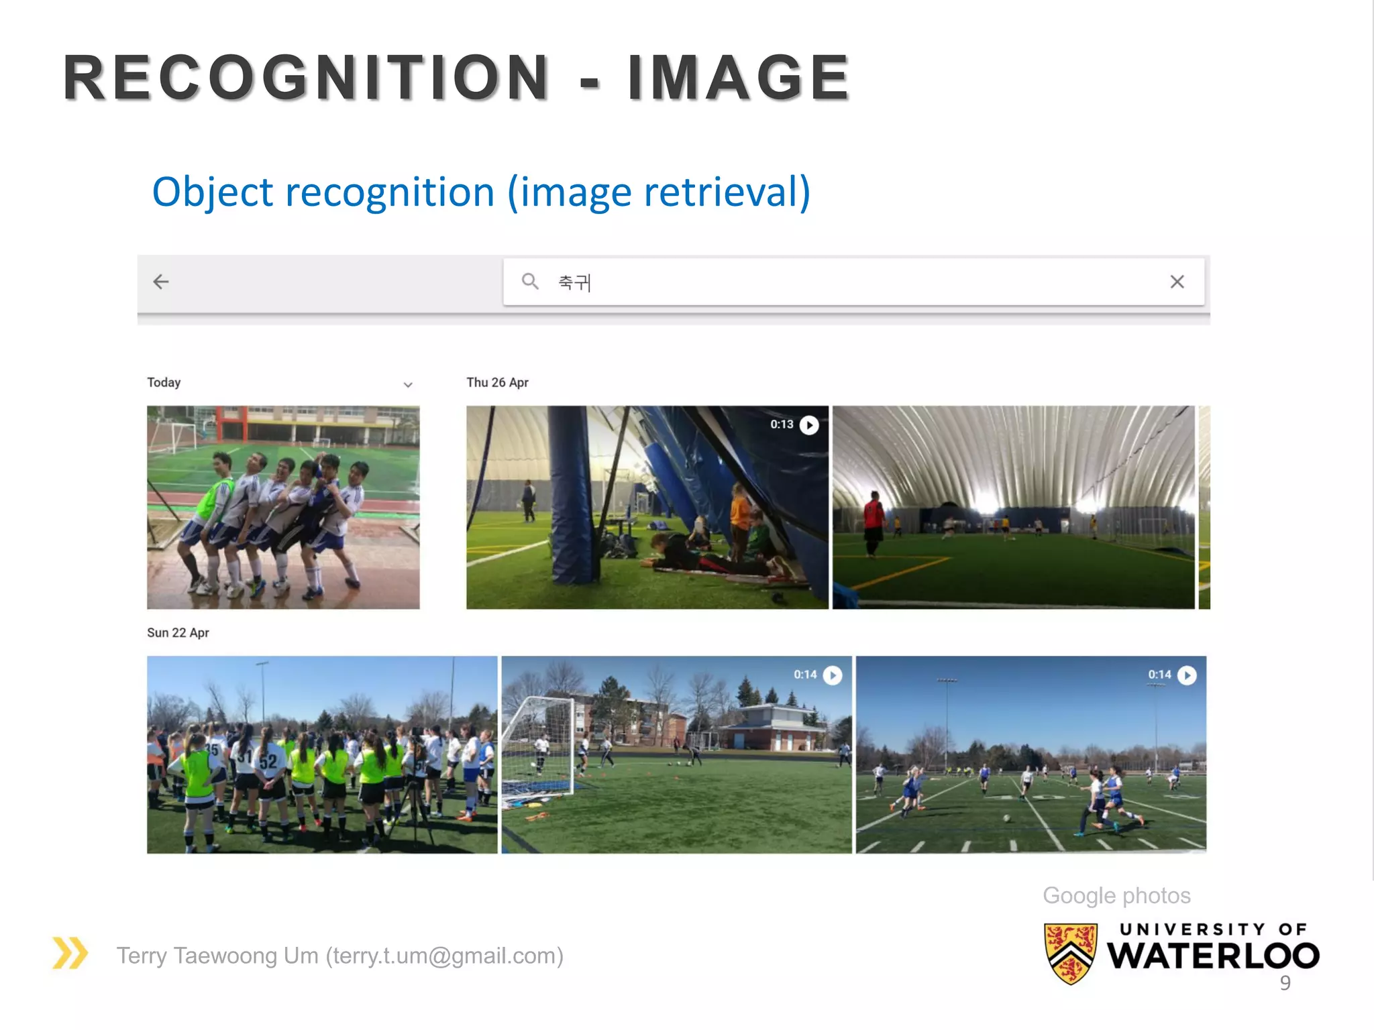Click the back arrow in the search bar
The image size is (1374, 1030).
coord(161,282)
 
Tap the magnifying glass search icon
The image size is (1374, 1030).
coord(530,282)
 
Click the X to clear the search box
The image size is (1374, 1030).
coord(1177,282)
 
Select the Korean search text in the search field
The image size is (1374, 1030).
coord(574,282)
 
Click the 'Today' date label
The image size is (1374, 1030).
coord(164,382)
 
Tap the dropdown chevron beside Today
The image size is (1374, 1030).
coord(408,385)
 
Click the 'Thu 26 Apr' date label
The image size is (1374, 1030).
coord(497,382)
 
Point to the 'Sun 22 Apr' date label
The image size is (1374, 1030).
coord(178,632)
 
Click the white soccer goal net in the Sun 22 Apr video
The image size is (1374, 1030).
coord(537,744)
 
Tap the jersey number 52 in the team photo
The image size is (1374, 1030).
coord(268,761)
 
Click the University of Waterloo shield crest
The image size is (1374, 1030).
coord(1071,953)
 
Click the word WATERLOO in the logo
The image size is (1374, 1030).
coord(1213,956)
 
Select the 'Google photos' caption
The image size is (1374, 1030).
coord(1116,895)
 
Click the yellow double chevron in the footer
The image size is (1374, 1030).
coord(70,953)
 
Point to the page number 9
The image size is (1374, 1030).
coord(1285,982)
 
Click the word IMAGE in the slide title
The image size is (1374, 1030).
coord(738,78)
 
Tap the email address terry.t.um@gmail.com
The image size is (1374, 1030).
coord(444,956)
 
